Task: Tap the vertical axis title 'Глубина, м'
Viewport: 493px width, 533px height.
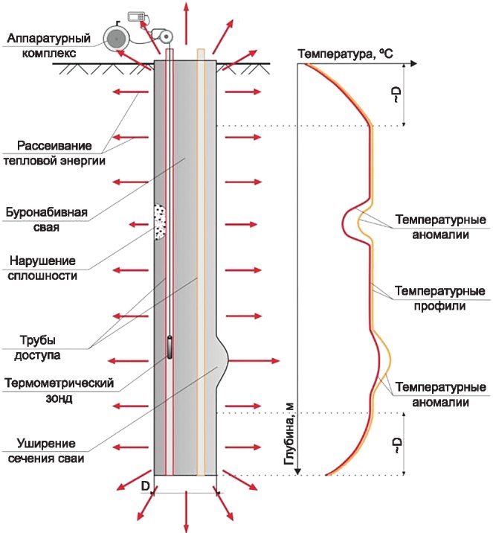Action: click(x=290, y=439)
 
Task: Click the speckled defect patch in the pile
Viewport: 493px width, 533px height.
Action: click(x=159, y=222)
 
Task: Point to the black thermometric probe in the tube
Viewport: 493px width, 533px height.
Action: click(x=170, y=348)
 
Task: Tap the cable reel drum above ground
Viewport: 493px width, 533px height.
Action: click(x=116, y=37)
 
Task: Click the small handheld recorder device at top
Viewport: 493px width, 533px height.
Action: click(x=136, y=16)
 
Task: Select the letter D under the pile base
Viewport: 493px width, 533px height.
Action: click(x=146, y=486)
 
